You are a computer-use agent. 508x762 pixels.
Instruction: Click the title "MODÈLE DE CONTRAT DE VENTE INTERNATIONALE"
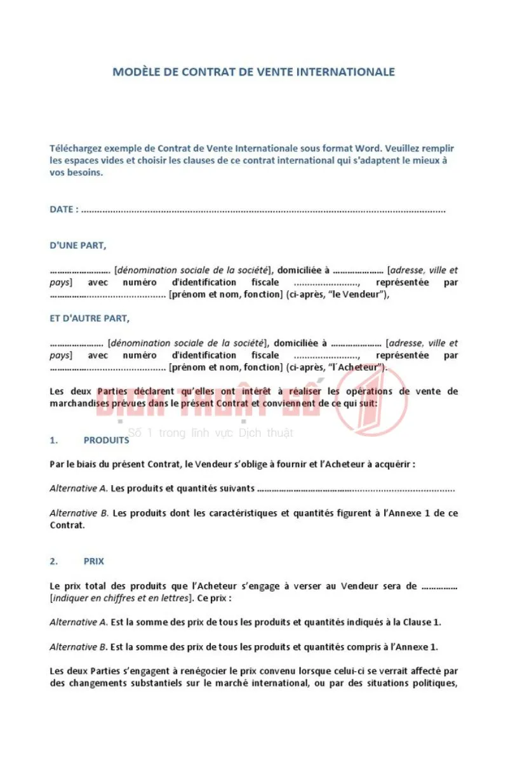[x=253, y=72]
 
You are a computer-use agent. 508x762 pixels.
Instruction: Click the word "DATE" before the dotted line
[x=62, y=210]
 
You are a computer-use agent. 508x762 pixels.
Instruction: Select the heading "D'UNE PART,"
[x=78, y=246]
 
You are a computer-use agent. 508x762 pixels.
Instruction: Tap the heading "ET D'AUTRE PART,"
[x=90, y=319]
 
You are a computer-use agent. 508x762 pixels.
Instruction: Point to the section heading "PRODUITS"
[x=106, y=440]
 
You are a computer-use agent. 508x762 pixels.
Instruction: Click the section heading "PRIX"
[x=94, y=561]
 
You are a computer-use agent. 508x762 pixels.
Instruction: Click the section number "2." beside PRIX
[x=54, y=561]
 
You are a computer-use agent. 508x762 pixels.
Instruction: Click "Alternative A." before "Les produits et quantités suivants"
[x=79, y=489]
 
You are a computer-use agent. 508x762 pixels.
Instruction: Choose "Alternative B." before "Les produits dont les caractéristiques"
[x=79, y=513]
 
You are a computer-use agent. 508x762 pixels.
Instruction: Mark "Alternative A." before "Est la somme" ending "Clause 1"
[x=79, y=622]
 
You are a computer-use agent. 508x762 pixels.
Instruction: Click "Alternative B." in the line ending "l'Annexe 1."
[x=79, y=647]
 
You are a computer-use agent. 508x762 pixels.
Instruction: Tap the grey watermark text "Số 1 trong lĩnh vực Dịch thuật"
[x=210, y=433]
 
